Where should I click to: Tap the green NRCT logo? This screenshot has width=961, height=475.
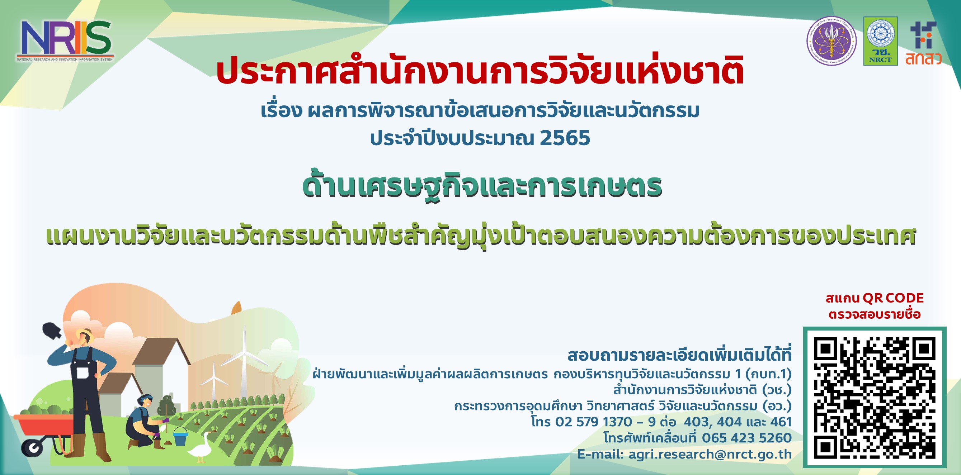click(x=880, y=41)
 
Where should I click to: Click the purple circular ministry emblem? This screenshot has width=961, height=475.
click(x=831, y=41)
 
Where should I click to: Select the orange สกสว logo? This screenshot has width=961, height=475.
click(x=923, y=43)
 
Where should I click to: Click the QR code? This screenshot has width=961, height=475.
click(x=875, y=398)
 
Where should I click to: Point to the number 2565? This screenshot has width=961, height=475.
click(x=565, y=138)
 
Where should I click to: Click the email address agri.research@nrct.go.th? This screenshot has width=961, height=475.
click(x=710, y=454)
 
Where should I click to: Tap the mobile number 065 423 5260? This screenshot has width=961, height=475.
click(x=746, y=438)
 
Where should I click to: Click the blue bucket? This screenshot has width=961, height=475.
click(x=180, y=436)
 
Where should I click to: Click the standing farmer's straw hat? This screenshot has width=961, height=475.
click(x=85, y=333)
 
